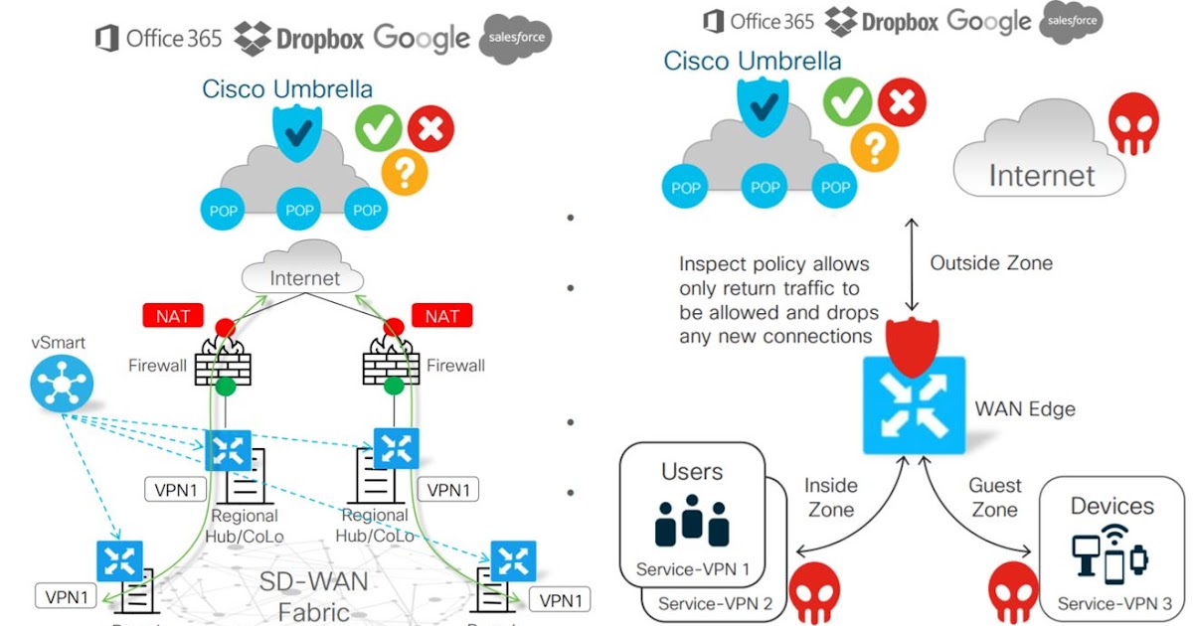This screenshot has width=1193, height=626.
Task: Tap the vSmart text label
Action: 58,343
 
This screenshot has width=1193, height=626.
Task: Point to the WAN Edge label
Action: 1024,408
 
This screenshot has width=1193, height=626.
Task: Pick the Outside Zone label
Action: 990,263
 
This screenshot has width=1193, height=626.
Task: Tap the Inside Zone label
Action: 830,497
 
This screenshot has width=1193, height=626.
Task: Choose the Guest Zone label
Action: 994,497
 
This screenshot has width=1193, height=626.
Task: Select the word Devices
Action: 1112,507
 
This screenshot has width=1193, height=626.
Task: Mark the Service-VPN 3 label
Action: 1114,603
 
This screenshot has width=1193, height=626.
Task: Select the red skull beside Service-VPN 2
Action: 815,586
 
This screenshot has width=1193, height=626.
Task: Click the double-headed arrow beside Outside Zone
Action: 912,262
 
